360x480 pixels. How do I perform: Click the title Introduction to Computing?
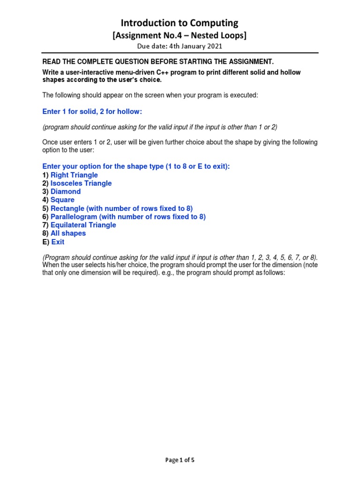point(180,23)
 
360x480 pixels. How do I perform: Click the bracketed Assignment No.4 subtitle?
point(180,35)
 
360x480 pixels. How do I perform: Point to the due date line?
point(180,46)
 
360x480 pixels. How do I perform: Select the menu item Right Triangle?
point(74,175)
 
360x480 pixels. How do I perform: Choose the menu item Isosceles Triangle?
point(81,183)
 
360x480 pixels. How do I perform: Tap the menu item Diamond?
point(66,191)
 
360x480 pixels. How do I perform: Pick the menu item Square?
point(62,200)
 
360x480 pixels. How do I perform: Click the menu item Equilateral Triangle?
point(83,225)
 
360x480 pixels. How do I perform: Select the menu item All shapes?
point(68,233)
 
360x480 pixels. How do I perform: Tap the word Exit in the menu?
point(58,242)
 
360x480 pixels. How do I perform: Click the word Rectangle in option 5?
point(68,208)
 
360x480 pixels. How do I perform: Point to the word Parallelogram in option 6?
point(74,217)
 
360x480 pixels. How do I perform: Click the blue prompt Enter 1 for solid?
point(92,112)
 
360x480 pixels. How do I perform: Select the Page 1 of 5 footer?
point(180,460)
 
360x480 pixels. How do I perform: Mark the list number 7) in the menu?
point(45,225)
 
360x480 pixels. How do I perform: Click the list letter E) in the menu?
point(46,242)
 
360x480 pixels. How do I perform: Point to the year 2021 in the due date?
point(214,46)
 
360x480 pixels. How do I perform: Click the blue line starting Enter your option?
point(136,166)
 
